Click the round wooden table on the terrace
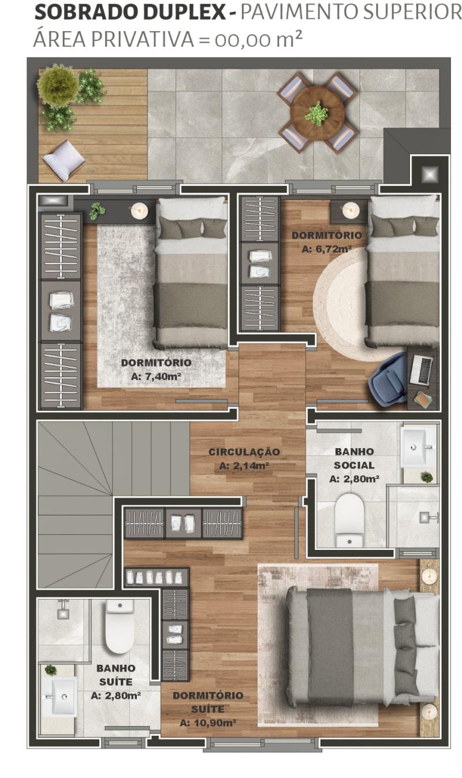[317, 113]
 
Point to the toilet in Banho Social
[350, 521]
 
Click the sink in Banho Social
[415, 447]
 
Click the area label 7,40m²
[157, 376]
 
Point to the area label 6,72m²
[327, 249]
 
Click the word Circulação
[244, 452]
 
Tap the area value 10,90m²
[208, 723]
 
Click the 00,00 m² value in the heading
[258, 39]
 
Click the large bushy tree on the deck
[58, 85]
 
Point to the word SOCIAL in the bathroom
[353, 465]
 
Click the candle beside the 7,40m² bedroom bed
[140, 210]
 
